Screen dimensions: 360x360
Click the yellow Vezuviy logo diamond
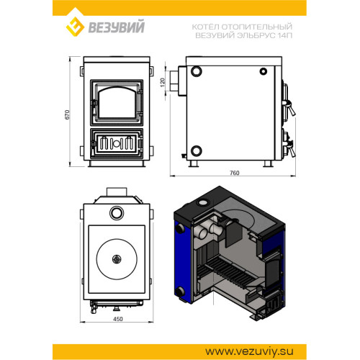pyautogui.click(x=75, y=27)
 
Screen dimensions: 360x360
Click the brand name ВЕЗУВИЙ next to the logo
pyautogui.click(x=117, y=27)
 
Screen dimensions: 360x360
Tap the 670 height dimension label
pyautogui.click(x=67, y=114)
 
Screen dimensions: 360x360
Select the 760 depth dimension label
pyautogui.click(x=235, y=173)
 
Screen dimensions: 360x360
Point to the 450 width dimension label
pyautogui.click(x=118, y=319)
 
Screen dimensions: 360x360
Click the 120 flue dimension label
pyautogui.click(x=163, y=82)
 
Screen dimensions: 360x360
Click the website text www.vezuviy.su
pyautogui.click(x=249, y=351)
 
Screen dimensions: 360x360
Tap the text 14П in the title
pyautogui.click(x=285, y=35)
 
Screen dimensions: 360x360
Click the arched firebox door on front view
pyautogui.click(x=117, y=102)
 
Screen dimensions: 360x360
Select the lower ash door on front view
pyautogui.click(x=117, y=144)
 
